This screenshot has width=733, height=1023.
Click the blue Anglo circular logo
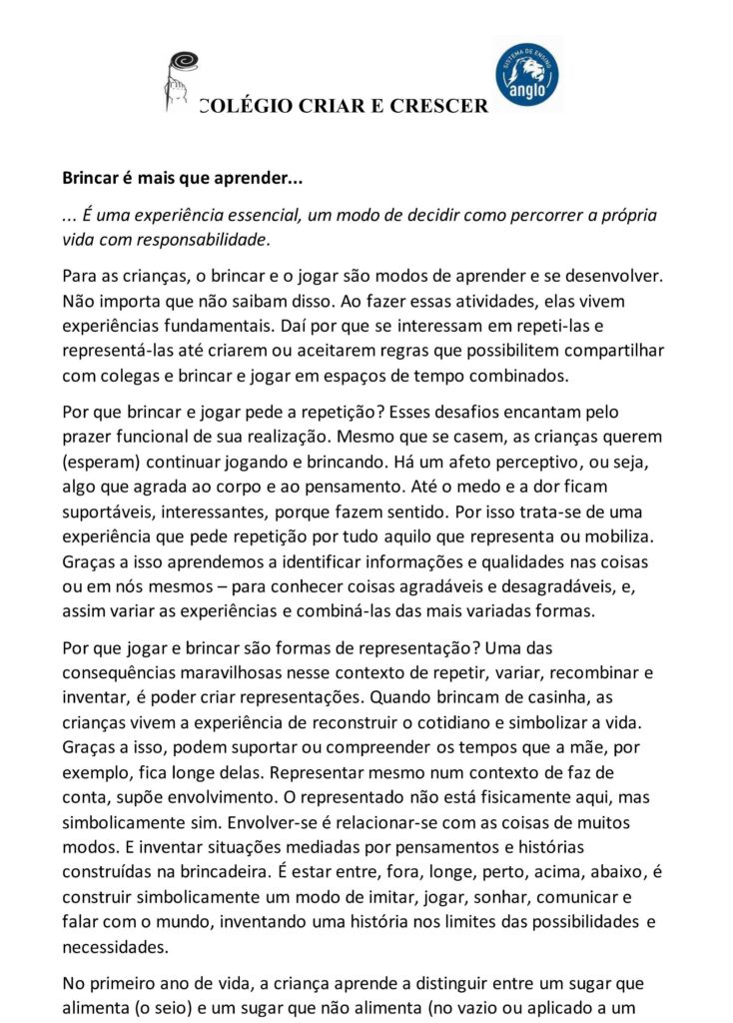[526, 74]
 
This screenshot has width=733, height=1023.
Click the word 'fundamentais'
[214, 325]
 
